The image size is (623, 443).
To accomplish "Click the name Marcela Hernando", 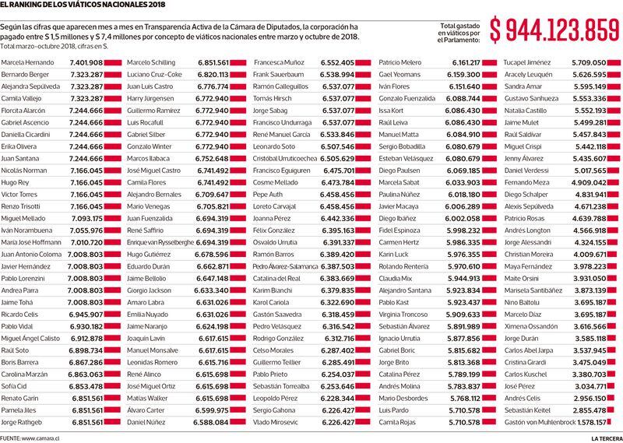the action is pyautogui.click(x=27, y=62).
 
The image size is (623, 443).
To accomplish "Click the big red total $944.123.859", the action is pyautogui.click(x=554, y=30).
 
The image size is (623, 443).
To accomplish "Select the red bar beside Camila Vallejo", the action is pyautogui.click(x=112, y=98).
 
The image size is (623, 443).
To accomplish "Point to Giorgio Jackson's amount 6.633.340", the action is pyautogui.click(x=211, y=290).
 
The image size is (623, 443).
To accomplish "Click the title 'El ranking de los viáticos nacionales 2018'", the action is pyautogui.click(x=83, y=5).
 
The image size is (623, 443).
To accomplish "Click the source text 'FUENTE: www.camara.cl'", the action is pyautogui.click(x=30, y=438).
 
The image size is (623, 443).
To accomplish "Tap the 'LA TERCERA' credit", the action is pyautogui.click(x=606, y=438).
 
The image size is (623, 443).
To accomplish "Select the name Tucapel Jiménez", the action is pyautogui.click(x=527, y=62).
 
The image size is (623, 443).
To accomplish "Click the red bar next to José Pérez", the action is pyautogui.click(x=611, y=386).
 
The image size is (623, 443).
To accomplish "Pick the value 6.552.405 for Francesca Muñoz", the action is pyautogui.click(x=337, y=62).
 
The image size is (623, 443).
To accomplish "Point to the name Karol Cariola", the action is pyautogui.click(x=270, y=302).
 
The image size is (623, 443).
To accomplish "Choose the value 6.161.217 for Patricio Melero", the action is pyautogui.click(x=466, y=62).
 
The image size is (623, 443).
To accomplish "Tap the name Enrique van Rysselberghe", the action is pyautogui.click(x=160, y=242).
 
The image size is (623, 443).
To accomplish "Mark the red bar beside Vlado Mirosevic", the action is pyautogui.click(x=363, y=422).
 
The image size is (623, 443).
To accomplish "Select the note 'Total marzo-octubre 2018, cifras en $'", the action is pyautogui.click(x=55, y=47).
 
